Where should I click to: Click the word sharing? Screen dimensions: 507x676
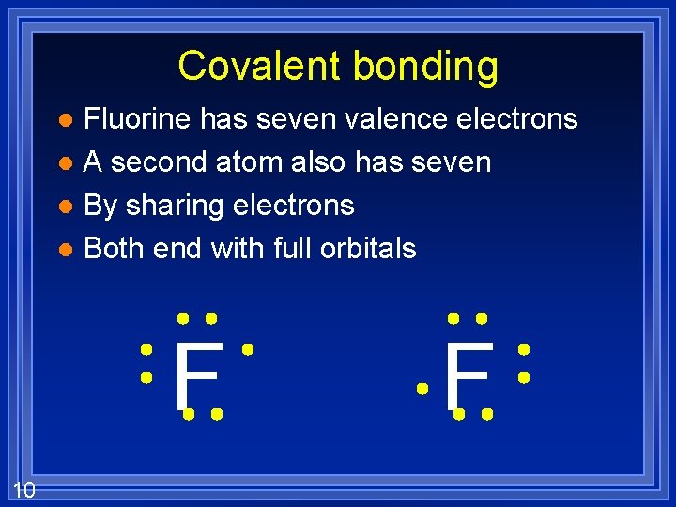click(178, 206)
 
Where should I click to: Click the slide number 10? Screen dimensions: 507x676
click(24, 488)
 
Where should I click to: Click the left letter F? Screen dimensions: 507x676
click(198, 376)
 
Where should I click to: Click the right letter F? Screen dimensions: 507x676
click(467, 376)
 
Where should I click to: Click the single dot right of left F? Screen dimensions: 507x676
click(248, 349)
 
